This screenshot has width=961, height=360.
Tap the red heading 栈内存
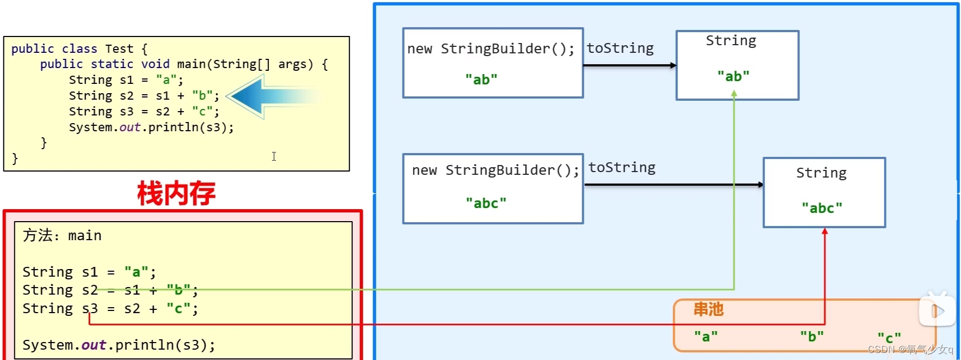coord(176,194)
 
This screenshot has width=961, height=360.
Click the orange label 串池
coord(708,309)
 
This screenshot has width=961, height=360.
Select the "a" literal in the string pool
coord(706,337)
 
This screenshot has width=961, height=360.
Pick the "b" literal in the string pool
coord(812,337)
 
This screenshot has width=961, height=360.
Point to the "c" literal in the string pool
coord(889,338)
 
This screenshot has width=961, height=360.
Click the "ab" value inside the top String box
coord(733,76)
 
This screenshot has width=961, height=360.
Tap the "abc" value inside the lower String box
coord(822,208)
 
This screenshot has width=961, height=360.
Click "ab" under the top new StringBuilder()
coord(481,80)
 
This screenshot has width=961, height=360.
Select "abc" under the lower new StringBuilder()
coord(486,203)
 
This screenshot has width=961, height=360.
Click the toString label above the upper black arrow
coord(620,48)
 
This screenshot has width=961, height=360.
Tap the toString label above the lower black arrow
coord(622,168)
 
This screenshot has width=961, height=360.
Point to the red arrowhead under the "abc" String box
coord(825,231)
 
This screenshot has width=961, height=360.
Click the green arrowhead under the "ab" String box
coord(734,94)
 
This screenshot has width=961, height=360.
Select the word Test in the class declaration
coord(119,49)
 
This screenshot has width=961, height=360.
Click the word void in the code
coord(155,64)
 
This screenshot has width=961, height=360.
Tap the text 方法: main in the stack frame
coord(62,235)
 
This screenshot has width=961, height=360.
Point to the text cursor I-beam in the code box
coord(274,156)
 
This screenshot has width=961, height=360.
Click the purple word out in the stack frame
coord(94,345)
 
